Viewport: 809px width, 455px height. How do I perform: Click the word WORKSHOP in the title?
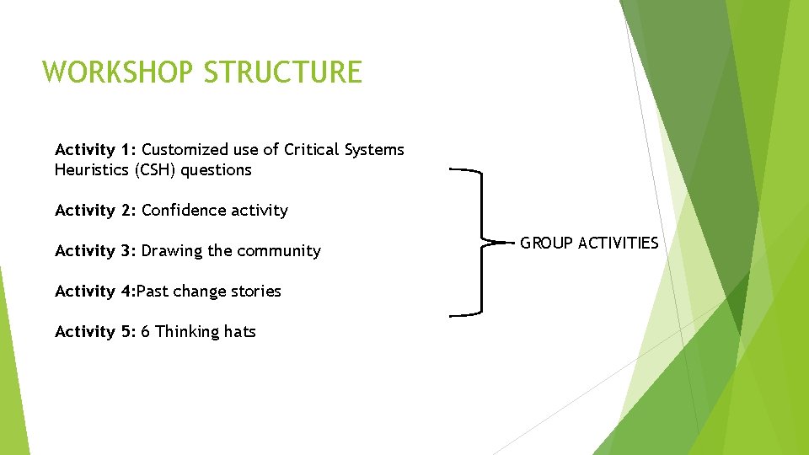click(x=118, y=72)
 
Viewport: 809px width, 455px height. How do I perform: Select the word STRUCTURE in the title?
click(x=282, y=72)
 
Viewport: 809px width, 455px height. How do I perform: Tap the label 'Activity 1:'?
click(x=96, y=150)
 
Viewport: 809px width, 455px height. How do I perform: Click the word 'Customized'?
click(x=185, y=150)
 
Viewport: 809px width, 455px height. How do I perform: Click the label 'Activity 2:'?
click(x=96, y=211)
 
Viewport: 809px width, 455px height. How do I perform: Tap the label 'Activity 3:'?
click(x=96, y=251)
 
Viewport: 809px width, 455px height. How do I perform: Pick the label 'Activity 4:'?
click(x=94, y=292)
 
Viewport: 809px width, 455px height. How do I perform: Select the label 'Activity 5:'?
click(x=96, y=332)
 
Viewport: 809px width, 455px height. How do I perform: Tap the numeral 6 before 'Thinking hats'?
click(x=146, y=332)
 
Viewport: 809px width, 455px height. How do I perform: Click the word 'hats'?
click(x=239, y=332)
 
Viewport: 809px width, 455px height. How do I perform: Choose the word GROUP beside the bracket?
click(x=545, y=244)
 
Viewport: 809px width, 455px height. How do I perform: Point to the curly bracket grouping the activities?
click(x=480, y=243)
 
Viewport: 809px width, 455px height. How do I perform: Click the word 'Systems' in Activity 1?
click(x=373, y=150)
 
